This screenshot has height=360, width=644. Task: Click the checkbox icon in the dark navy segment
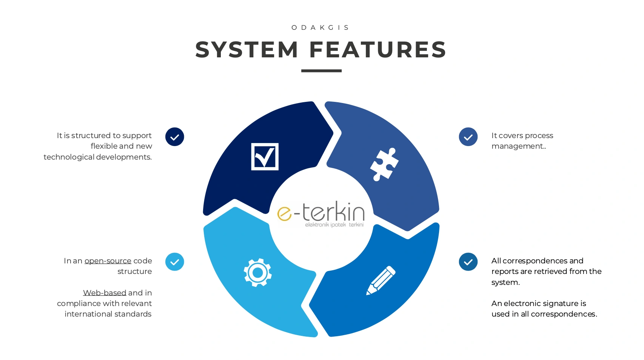click(265, 157)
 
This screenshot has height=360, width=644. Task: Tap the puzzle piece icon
click(384, 164)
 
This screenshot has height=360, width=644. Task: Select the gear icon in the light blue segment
click(257, 272)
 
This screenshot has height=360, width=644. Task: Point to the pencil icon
click(381, 280)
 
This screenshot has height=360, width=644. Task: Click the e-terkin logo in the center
click(321, 214)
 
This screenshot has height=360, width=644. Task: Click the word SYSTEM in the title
click(247, 50)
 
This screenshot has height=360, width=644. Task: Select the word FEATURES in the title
click(378, 50)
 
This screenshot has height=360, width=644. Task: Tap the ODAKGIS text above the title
click(320, 28)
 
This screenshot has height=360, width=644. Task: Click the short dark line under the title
click(321, 71)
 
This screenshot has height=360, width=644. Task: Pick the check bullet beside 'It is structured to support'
click(174, 137)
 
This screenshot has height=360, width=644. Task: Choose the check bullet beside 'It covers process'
click(468, 137)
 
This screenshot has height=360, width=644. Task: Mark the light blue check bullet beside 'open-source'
click(174, 262)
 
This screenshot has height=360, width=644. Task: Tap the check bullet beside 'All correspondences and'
click(468, 262)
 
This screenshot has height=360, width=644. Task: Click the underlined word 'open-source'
click(108, 261)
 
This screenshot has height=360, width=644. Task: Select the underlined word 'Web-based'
click(105, 293)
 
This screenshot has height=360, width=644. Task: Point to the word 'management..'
click(519, 146)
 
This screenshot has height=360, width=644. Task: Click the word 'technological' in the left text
click(69, 157)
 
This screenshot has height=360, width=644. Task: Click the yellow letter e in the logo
click(285, 214)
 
